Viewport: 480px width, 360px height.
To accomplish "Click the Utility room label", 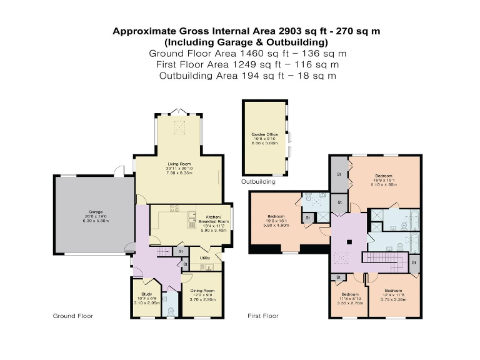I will tap(204, 257).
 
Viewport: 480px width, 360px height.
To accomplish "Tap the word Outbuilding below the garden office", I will tap(258, 182).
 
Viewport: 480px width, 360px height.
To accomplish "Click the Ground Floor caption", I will tap(72, 316).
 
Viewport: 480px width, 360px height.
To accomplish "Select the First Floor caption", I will tap(263, 316).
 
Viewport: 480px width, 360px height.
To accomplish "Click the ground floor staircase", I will tap(164, 251).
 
